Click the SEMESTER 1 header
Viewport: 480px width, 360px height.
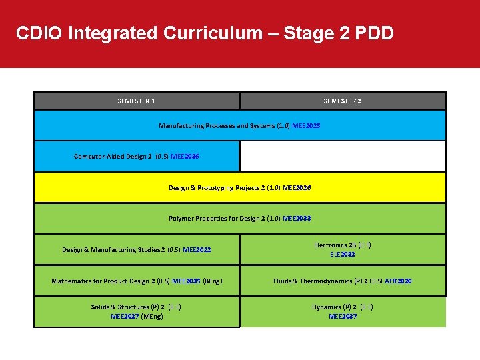(137, 101)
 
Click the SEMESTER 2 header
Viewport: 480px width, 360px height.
(343, 101)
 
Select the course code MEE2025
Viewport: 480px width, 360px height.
(306, 125)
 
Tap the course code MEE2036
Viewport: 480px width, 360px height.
(185, 157)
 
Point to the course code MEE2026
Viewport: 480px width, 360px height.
(297, 188)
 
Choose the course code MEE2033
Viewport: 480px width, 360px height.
(297, 219)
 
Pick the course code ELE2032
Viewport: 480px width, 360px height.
(343, 255)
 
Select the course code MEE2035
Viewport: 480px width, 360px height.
(186, 281)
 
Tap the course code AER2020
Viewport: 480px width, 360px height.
(397, 281)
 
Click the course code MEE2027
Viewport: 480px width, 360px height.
(125, 317)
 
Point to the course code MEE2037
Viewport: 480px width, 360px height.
(343, 317)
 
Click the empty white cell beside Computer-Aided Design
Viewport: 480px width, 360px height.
(342, 157)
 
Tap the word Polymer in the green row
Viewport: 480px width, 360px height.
(181, 219)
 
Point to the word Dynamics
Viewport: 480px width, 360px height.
(327, 307)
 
